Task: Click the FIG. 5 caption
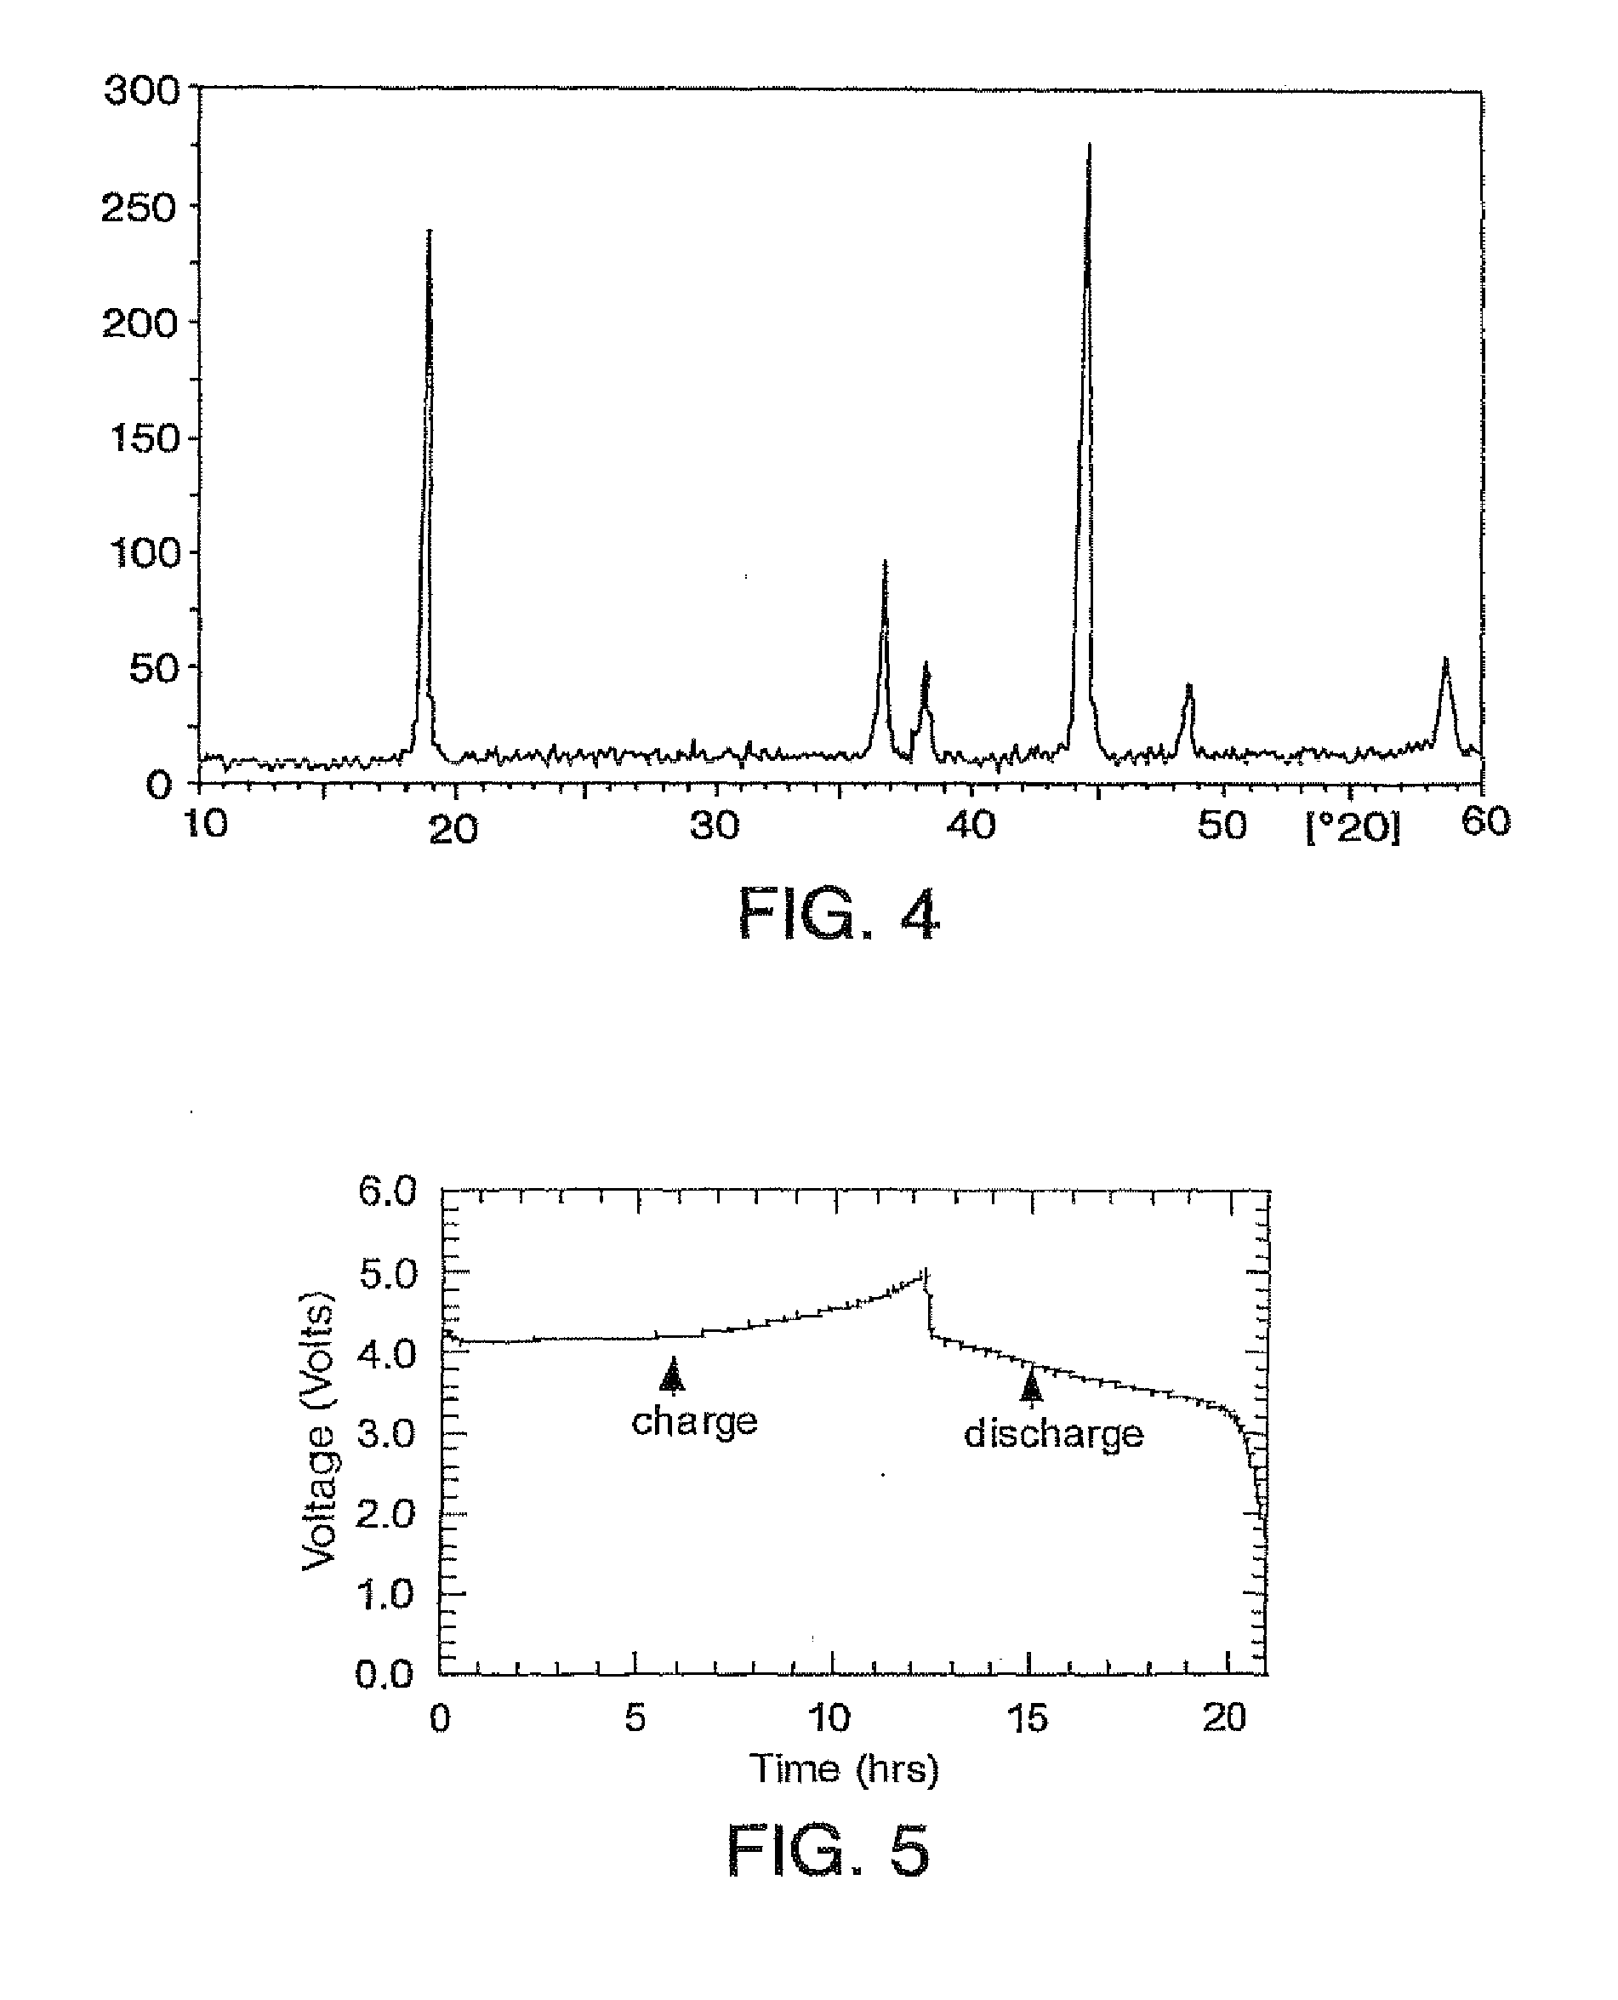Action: (828, 1851)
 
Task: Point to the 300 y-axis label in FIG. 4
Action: (142, 90)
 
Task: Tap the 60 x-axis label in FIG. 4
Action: (1485, 821)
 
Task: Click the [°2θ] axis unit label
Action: (1353, 826)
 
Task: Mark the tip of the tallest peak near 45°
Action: (1089, 145)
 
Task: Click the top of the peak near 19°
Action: (429, 231)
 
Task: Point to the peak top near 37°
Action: (885, 563)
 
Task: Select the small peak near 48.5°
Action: (1188, 686)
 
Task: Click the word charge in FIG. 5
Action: (694, 1421)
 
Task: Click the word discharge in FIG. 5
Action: (1053, 1433)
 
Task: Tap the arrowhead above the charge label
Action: (672, 1374)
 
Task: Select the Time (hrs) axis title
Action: (844, 1768)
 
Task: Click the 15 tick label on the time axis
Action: (1027, 1717)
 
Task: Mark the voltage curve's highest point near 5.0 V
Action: (926, 1271)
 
